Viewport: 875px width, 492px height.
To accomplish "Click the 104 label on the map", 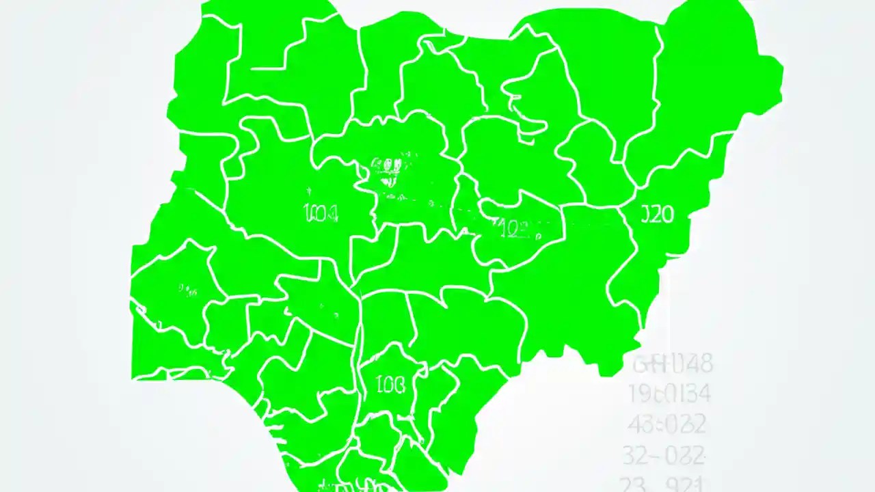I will [x=319, y=214].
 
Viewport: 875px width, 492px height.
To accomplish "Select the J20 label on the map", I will [x=658, y=215].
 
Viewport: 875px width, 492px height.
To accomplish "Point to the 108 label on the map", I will [x=391, y=385].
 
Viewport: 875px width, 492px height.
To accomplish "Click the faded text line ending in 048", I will [x=673, y=364].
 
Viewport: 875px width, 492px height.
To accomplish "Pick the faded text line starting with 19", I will [x=669, y=394].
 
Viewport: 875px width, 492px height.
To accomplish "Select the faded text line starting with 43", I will [x=667, y=424].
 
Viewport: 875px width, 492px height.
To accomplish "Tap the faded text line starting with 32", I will [x=662, y=454].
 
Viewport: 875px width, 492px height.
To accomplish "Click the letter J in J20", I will [x=646, y=215].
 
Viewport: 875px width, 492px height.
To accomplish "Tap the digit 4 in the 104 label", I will [x=332, y=214].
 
